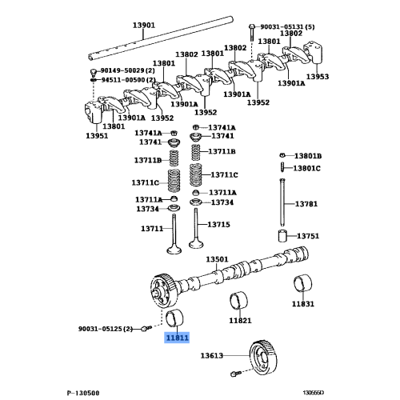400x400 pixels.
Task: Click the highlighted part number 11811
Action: tap(178, 338)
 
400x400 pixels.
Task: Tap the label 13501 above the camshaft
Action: tap(217, 259)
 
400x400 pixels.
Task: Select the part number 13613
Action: tap(212, 355)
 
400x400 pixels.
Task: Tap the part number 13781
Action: tap(307, 204)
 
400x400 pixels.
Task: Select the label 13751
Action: tap(308, 236)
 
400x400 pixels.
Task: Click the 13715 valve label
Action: tap(220, 224)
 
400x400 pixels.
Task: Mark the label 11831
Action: tap(303, 304)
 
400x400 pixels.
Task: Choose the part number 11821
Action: tap(241, 320)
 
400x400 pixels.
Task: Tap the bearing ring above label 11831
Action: tap(303, 283)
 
